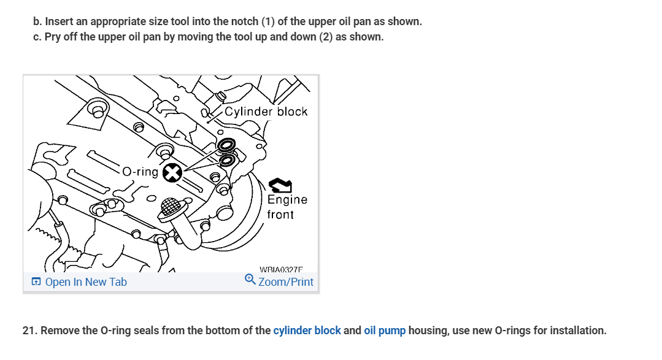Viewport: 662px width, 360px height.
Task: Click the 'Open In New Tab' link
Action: coord(86,282)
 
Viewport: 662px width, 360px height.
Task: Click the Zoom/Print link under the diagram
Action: coord(285,282)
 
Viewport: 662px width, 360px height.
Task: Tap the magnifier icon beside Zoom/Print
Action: coord(250,280)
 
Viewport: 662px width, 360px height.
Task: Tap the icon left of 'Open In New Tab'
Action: coord(36,282)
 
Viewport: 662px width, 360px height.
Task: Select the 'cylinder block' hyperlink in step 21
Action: coord(307,331)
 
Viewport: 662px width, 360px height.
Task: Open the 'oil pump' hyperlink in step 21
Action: coord(385,331)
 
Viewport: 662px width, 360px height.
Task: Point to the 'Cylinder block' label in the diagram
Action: coord(266,112)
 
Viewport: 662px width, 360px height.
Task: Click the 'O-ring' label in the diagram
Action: coord(140,172)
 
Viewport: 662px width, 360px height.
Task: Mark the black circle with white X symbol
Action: coord(173,174)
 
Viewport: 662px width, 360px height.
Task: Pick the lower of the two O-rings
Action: coord(226,161)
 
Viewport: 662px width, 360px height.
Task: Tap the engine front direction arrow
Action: coord(279,185)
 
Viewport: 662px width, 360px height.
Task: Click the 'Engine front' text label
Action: coord(287,207)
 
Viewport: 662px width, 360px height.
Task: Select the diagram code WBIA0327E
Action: coord(281,269)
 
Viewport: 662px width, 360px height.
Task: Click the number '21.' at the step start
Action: coord(29,331)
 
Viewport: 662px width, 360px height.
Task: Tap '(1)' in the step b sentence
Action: coord(268,21)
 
